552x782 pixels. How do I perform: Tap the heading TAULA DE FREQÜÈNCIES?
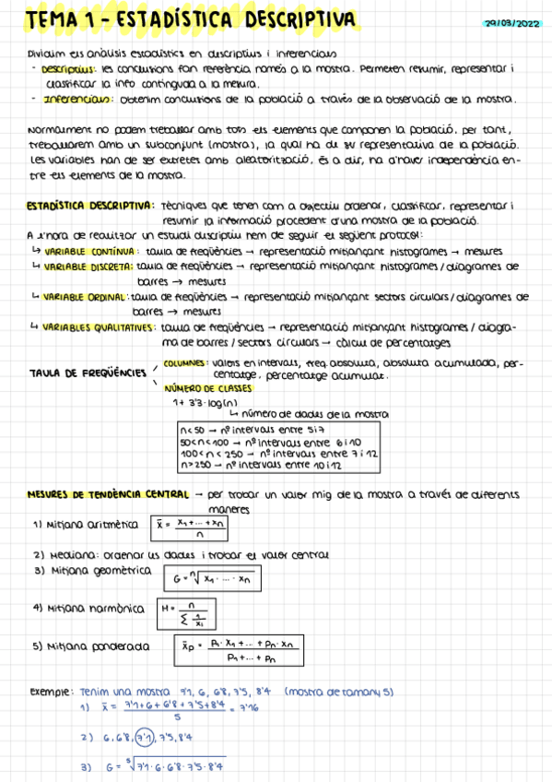(x=88, y=373)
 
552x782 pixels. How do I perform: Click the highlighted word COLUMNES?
(x=185, y=363)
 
